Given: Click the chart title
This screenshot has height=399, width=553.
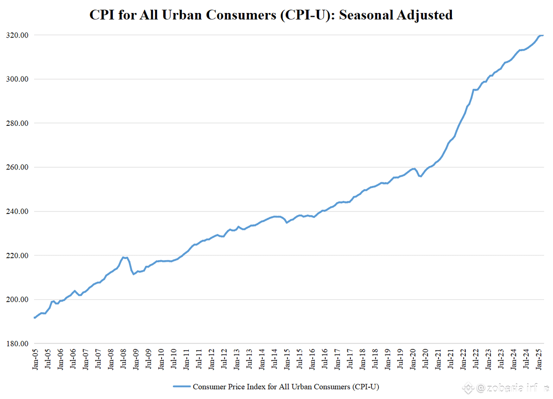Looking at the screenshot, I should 271,15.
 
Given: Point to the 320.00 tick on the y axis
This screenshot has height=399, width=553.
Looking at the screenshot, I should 17,35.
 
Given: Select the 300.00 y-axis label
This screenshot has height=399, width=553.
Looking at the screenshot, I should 17,79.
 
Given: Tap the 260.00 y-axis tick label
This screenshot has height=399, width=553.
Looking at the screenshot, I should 17,167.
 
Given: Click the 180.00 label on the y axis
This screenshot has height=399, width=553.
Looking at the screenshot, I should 17,344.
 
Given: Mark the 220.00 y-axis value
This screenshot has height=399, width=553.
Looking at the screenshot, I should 17,255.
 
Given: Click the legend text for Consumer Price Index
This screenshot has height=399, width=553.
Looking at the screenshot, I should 286,386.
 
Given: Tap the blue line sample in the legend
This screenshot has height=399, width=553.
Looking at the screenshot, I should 181,386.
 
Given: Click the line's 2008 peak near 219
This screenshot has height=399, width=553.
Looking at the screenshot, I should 124,257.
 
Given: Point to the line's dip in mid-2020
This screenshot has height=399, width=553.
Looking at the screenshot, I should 420,176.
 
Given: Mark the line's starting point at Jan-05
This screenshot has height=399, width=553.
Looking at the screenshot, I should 35,318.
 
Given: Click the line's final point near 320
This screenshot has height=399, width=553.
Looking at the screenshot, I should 542,35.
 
